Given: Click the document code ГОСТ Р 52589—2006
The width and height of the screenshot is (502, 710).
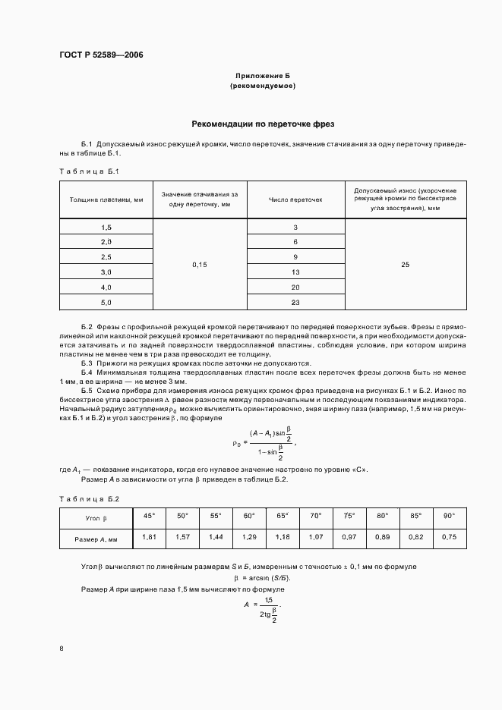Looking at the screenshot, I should [101, 55].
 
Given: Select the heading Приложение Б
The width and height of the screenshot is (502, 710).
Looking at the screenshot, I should [262, 77].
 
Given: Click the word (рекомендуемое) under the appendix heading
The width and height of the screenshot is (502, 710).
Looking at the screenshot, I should [262, 86].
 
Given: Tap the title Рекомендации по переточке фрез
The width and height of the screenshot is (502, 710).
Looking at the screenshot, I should [263, 123].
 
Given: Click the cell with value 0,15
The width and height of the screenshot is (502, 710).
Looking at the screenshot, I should [200, 265].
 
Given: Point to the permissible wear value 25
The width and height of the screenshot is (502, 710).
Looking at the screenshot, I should [405, 265].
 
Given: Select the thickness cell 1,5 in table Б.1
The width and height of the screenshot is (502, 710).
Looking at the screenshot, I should [106, 228].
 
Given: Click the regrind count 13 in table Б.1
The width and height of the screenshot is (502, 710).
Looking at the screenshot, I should [295, 272].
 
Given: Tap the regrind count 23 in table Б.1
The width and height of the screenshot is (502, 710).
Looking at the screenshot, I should [295, 302].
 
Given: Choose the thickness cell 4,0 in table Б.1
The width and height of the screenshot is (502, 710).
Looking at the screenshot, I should [106, 287].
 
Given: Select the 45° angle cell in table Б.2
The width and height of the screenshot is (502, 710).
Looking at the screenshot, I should [149, 516].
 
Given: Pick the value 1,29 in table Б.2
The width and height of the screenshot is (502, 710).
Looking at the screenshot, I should [248, 537].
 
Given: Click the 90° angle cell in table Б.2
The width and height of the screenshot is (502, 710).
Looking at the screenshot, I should [449, 516].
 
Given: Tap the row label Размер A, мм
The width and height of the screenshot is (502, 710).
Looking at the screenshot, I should [96, 538].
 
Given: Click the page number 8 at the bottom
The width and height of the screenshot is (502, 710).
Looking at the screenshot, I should [62, 648].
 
